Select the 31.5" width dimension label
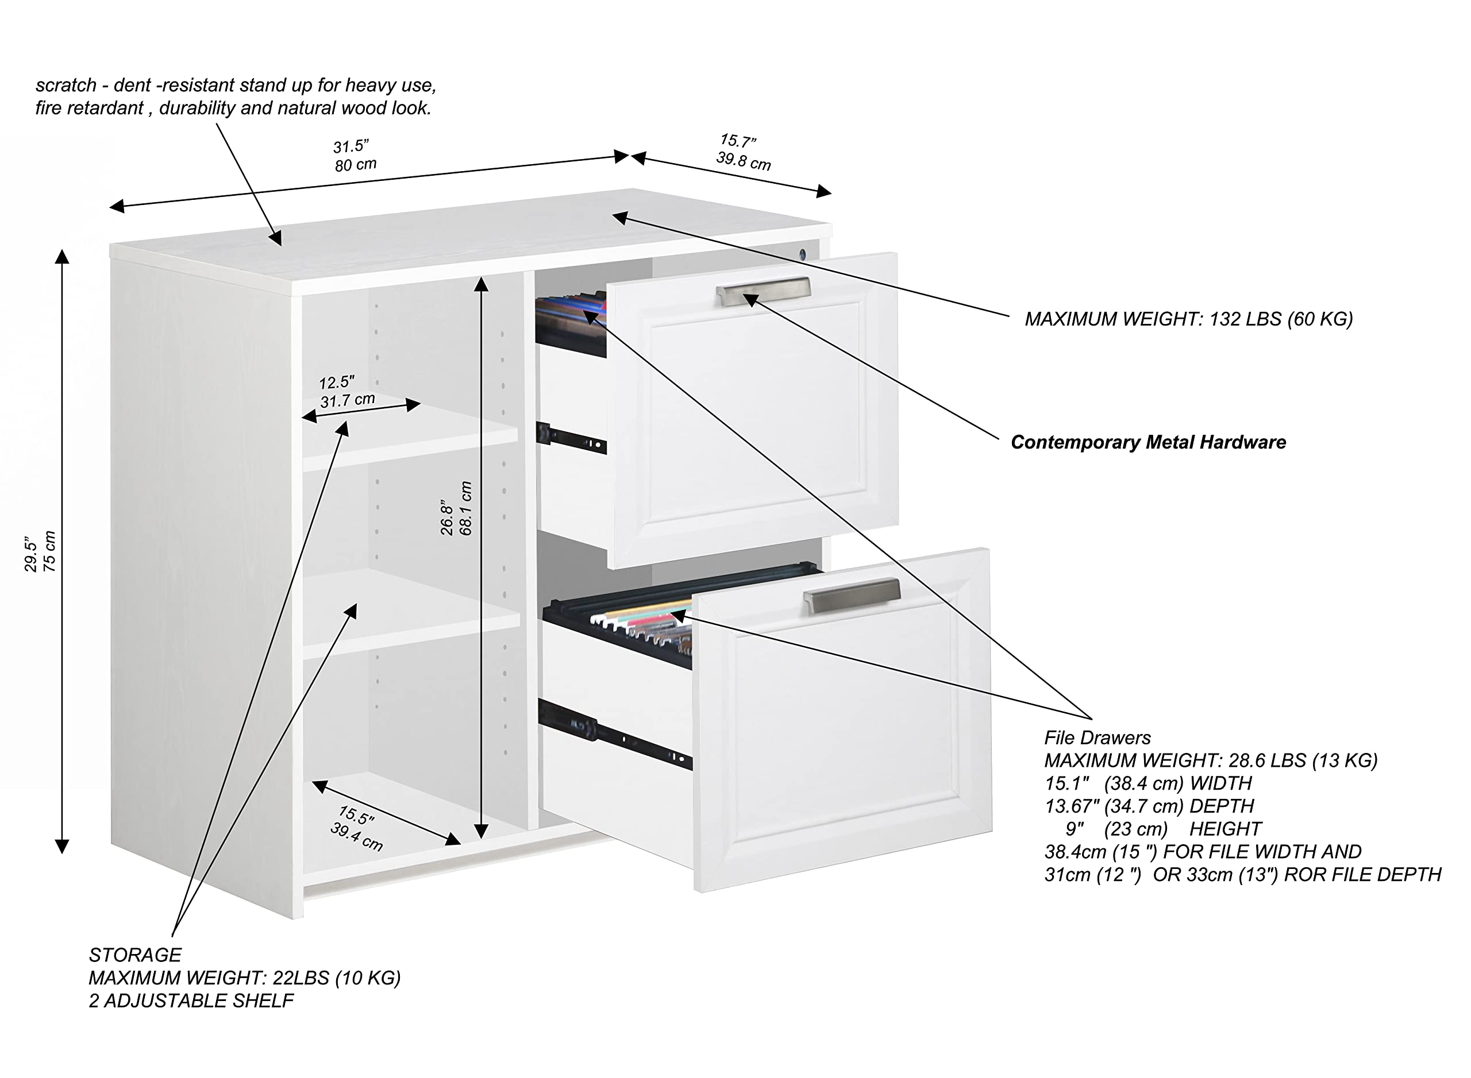coord(351,146)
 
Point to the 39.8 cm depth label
coord(743,161)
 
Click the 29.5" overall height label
coord(30,555)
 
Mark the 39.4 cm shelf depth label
coord(356,837)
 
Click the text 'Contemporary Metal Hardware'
coord(1148,442)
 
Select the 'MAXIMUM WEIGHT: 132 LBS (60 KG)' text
coord(1188,319)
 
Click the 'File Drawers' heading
coord(1097,738)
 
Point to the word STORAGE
coord(135,955)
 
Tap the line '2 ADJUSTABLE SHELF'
coord(191,1001)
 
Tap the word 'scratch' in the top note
coord(66,86)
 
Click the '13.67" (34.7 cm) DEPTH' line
coord(1149,806)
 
